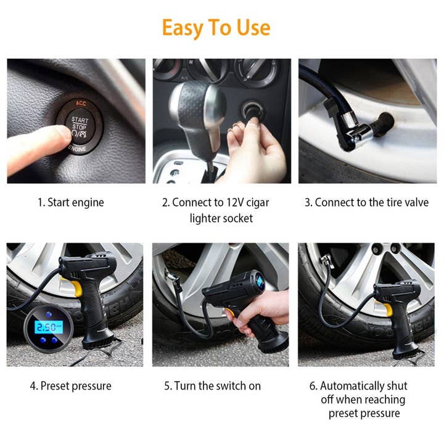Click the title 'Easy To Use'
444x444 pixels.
coord(216,28)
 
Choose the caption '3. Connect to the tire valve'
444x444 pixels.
coord(366,202)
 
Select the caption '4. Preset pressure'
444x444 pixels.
coord(71,386)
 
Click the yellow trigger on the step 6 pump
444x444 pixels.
coord(387,309)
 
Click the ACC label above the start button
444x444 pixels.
coord(80,103)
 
